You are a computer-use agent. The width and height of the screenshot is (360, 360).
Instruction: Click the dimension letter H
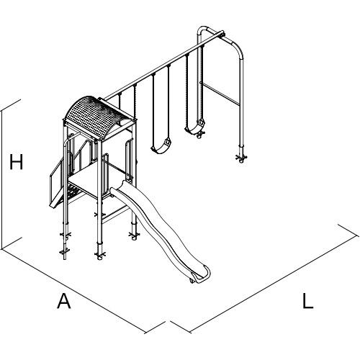pyautogui.click(x=16, y=162)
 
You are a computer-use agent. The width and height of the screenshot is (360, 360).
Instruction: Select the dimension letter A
pyautogui.click(x=64, y=300)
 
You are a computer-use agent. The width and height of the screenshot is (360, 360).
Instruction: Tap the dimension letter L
pyautogui.click(x=307, y=300)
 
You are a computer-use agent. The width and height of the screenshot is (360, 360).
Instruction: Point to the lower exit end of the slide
pyautogui.click(x=200, y=276)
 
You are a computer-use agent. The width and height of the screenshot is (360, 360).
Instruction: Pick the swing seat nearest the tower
pyautogui.click(x=161, y=147)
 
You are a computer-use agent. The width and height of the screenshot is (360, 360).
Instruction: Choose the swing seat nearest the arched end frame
pyautogui.click(x=195, y=127)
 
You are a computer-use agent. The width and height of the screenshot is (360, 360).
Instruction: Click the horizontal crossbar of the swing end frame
pyautogui.click(x=220, y=94)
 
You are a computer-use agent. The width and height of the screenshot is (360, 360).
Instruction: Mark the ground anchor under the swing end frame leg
pyautogui.click(x=241, y=157)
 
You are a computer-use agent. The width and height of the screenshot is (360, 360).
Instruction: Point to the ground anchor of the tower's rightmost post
pyautogui.click(x=134, y=235)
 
